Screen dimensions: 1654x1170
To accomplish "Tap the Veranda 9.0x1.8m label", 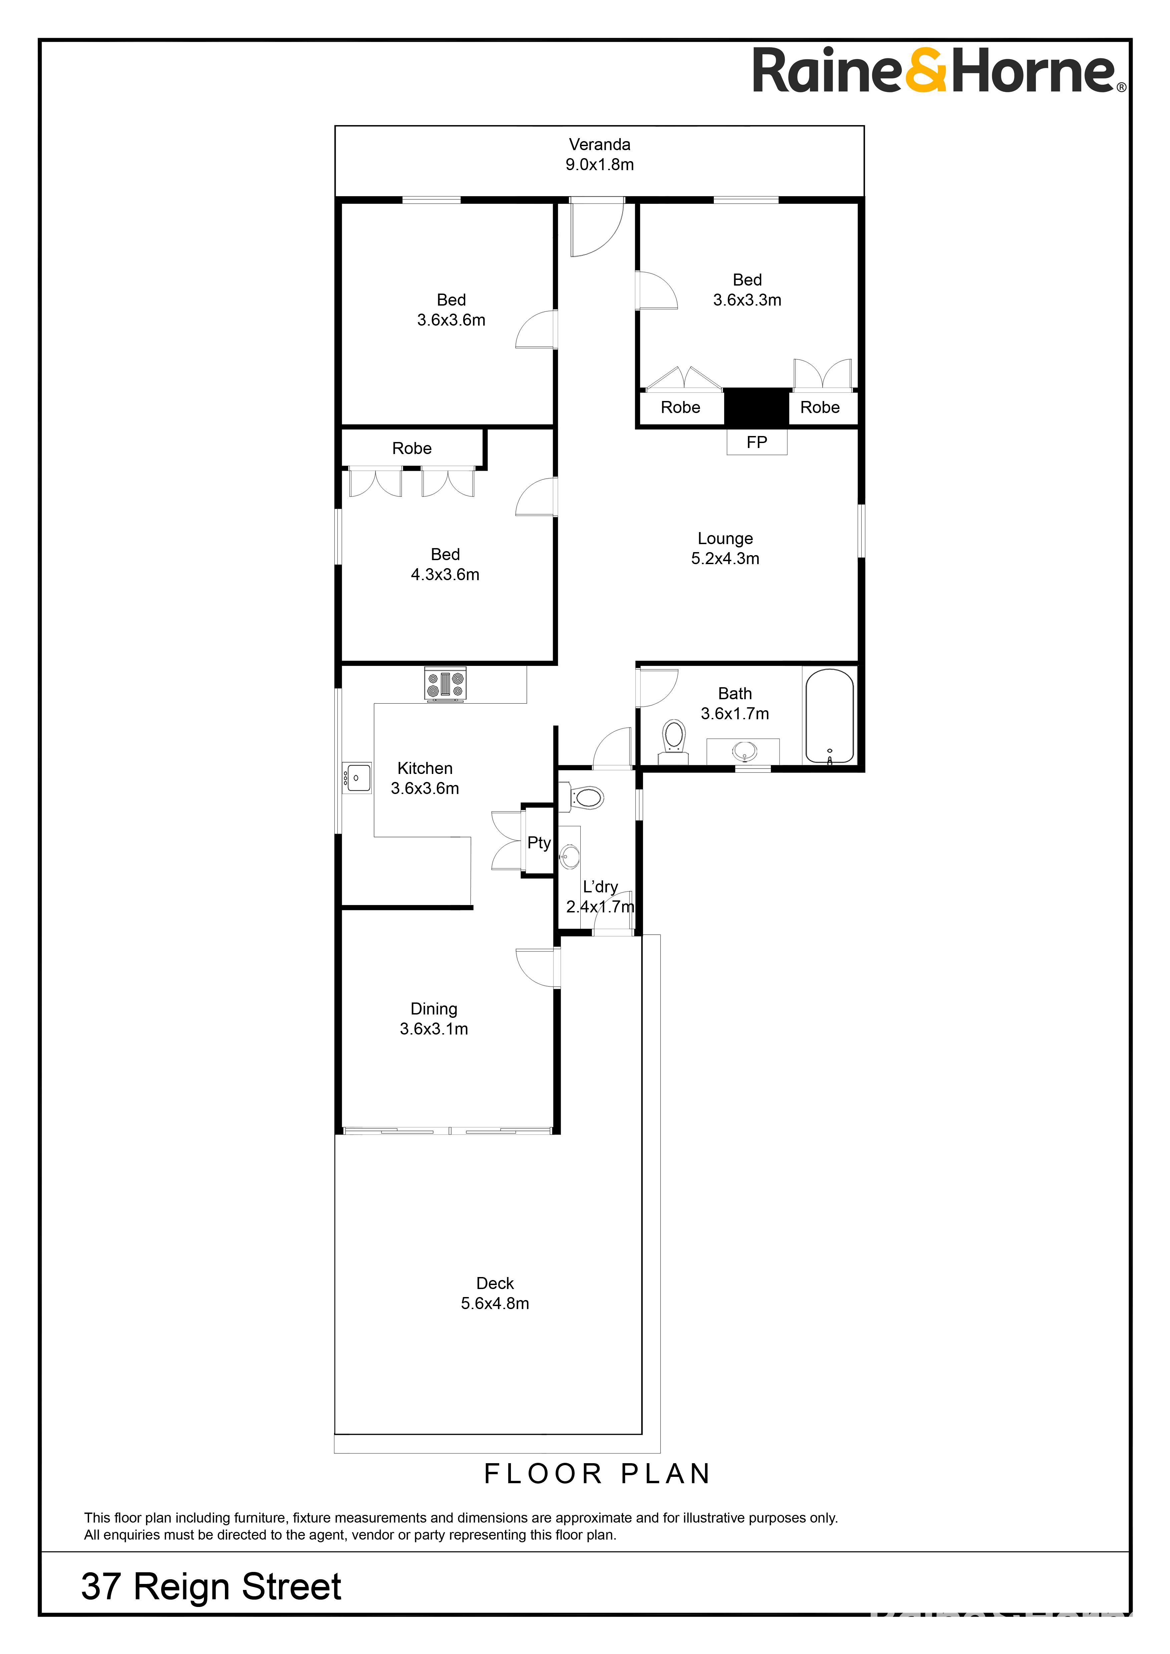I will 599,154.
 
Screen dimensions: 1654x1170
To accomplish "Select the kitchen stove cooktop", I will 445,684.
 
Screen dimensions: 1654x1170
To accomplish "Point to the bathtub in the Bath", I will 829,715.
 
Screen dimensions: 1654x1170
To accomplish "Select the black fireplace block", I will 756,407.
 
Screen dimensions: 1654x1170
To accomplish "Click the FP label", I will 757,442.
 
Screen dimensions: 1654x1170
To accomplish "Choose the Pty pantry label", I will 539,843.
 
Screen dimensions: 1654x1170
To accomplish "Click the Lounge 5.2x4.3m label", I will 725,548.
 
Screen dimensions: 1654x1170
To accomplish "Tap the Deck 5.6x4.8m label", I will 495,1293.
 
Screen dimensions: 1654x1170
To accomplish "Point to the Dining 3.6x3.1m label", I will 434,1018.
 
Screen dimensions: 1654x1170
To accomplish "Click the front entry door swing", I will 596,228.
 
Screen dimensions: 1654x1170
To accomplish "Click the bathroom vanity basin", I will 744,751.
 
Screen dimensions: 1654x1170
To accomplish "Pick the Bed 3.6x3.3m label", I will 747,290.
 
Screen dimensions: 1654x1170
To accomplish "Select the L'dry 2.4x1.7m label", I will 600,897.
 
